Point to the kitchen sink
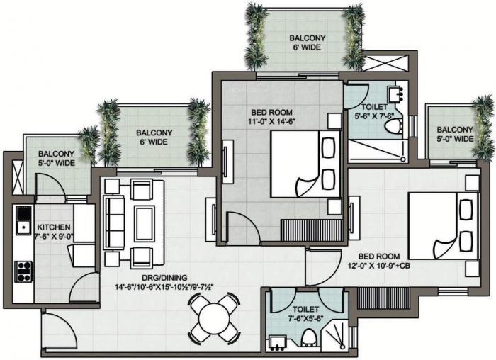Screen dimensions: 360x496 [23, 214]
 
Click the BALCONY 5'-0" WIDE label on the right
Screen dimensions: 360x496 [454, 135]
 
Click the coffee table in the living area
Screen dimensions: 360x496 [145, 224]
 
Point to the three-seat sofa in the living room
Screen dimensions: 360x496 [114, 221]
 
